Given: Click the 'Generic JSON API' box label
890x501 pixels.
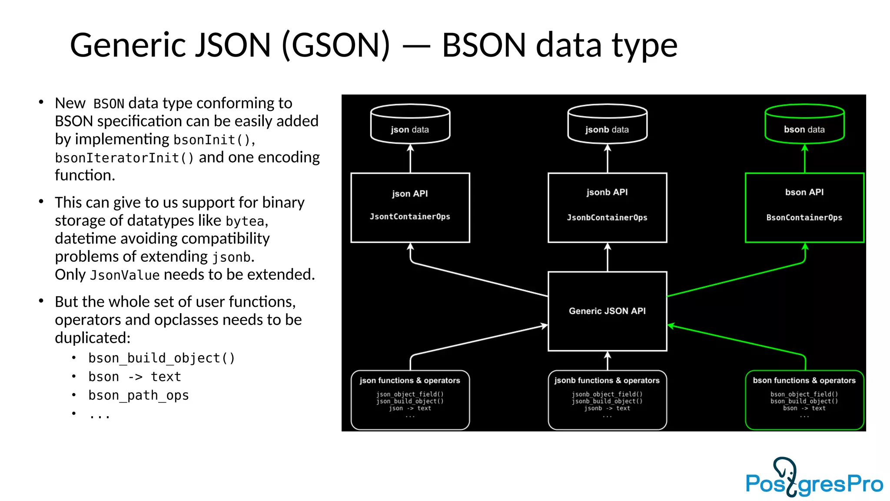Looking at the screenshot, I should (607, 311).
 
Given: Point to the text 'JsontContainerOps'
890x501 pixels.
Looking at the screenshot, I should (410, 217).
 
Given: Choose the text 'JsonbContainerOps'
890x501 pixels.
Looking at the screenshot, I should (607, 217).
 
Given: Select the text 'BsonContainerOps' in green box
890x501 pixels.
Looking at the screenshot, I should (804, 217).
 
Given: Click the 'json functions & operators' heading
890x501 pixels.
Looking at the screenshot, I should (410, 381).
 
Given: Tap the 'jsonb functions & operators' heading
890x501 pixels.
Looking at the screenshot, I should (607, 381).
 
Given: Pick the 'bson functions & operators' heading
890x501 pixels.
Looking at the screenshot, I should (804, 381).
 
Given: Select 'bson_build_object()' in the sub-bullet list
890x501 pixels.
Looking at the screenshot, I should (162, 358).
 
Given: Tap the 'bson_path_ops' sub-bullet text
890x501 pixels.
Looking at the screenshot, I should (139, 395).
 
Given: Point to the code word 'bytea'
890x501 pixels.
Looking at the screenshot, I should (245, 222).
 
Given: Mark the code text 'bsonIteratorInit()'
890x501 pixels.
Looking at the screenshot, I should (124, 158).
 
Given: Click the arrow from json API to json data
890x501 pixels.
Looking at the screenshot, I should (410, 158).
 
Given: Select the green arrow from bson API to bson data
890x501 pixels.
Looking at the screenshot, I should (804, 158).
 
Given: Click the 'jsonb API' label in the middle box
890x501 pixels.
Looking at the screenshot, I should (607, 192).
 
